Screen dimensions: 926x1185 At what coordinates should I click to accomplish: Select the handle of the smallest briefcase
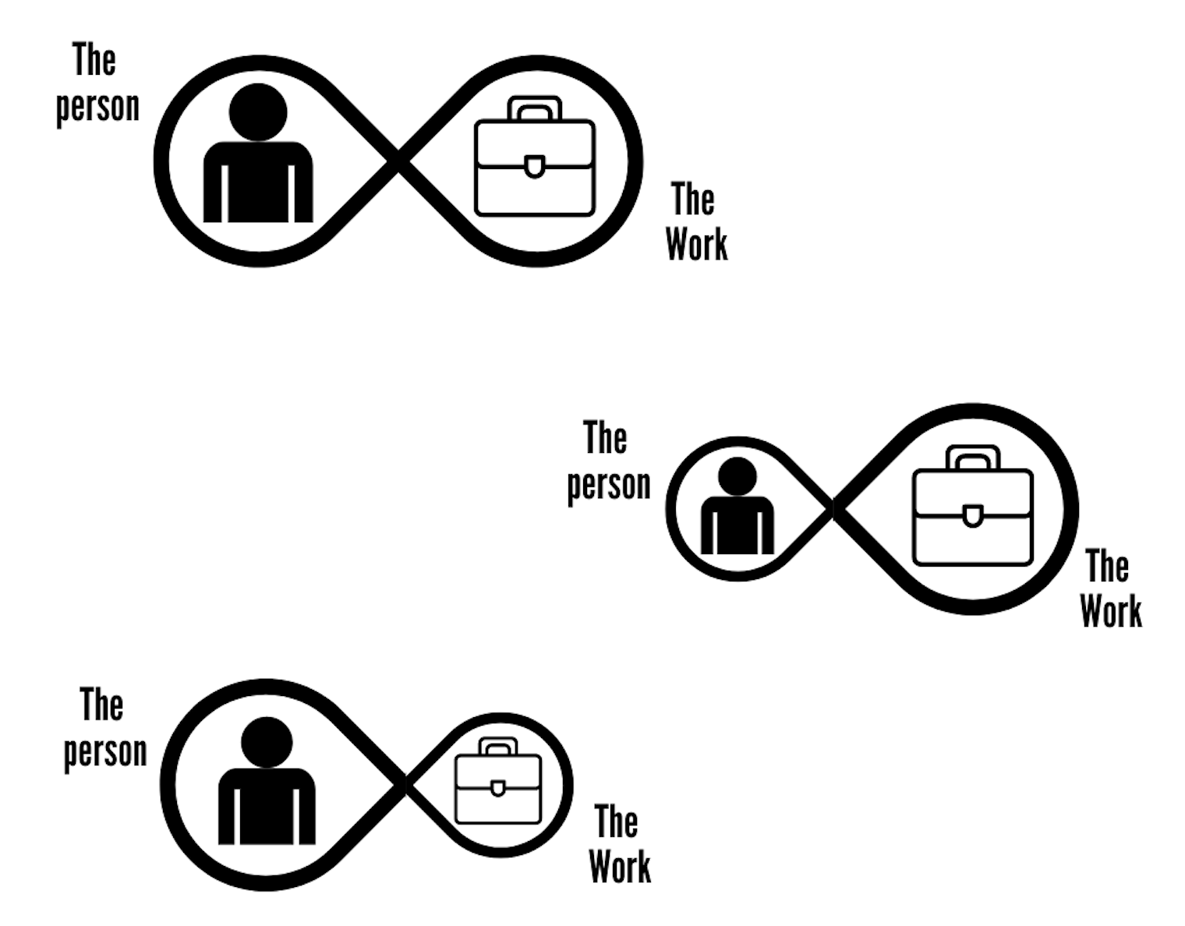point(497,746)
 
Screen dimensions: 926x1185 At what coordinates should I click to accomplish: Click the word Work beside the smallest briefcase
point(620,866)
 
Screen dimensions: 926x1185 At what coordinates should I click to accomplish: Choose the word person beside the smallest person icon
point(608,484)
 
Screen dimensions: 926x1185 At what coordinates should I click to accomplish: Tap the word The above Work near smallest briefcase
point(616,822)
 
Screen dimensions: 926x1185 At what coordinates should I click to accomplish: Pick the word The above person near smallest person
point(605,438)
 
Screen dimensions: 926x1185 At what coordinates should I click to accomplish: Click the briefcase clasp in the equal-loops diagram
point(534,166)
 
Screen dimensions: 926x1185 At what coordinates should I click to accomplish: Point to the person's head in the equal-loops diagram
point(258,111)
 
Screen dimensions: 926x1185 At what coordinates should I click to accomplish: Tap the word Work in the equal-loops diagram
point(696,244)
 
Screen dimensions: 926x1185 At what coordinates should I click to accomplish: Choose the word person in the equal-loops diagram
point(97,106)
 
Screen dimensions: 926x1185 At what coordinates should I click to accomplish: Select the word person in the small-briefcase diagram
point(105,751)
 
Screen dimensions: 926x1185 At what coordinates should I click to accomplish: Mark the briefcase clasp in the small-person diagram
point(972,516)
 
